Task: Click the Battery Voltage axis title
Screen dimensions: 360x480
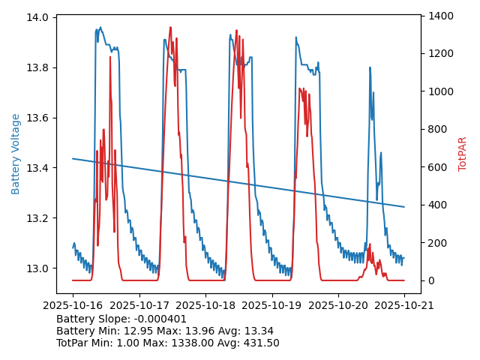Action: [16, 154]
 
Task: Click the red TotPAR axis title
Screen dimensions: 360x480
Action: [463, 154]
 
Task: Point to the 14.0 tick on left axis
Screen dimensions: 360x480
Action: [39, 17]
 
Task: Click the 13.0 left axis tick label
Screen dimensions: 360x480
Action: [39, 268]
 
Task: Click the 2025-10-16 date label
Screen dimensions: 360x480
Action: [73, 306]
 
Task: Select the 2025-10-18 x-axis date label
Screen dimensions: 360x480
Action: [205, 306]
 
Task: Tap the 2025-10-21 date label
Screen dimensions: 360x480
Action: [404, 306]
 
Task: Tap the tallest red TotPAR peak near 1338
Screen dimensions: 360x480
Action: [170, 28]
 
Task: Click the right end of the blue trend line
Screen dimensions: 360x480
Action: [404, 207]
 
